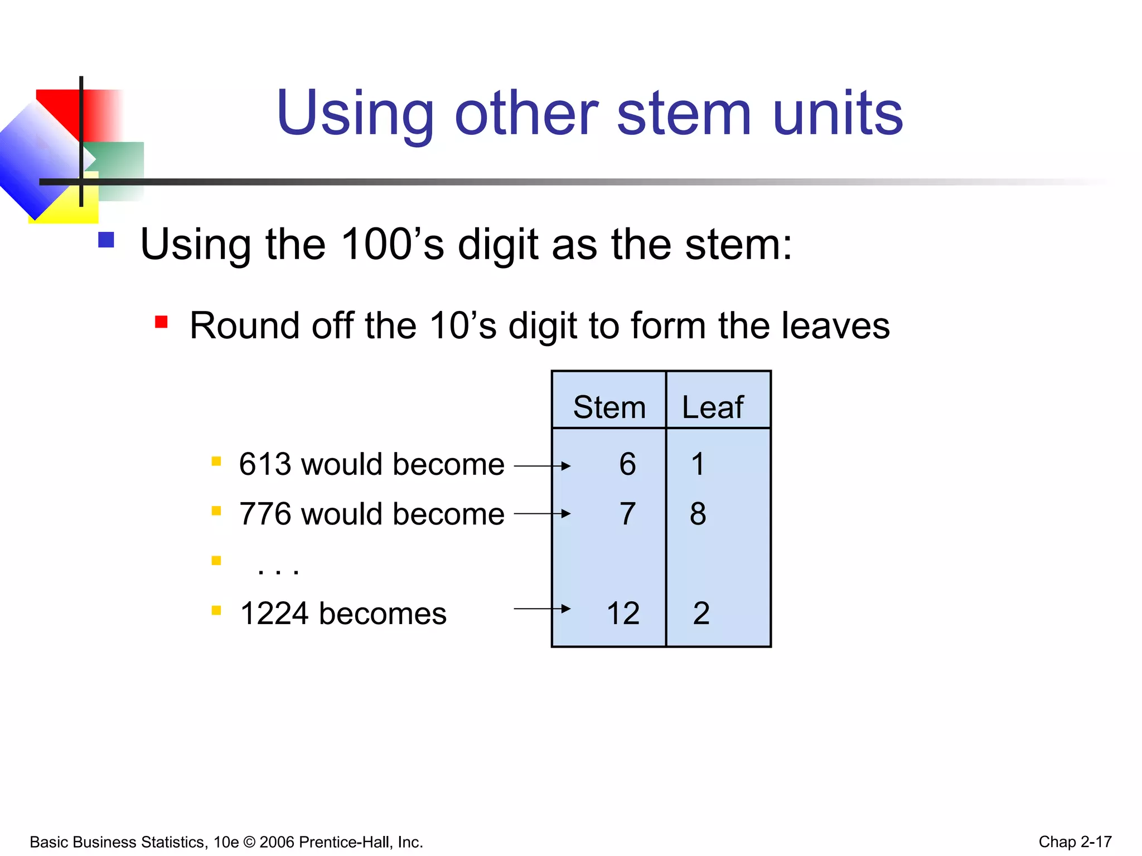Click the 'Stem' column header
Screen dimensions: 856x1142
pyautogui.click(x=609, y=407)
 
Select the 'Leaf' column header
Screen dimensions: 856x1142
pyautogui.click(x=712, y=407)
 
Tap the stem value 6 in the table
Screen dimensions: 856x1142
pyautogui.click(x=627, y=464)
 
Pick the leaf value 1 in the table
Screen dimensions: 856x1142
pyautogui.click(x=698, y=464)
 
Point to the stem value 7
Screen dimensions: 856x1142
pyautogui.click(x=627, y=514)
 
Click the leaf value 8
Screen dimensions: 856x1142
pyautogui.click(x=698, y=514)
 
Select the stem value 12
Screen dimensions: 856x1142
pyautogui.click(x=623, y=614)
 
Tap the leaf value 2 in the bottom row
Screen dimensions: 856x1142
pyautogui.click(x=701, y=614)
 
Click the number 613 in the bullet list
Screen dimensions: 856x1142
pyautogui.click(x=265, y=464)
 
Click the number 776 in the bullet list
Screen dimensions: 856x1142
pyautogui.click(x=265, y=514)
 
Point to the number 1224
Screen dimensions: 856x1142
pyautogui.click(x=274, y=614)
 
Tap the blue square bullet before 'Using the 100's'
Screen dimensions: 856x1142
pyautogui.click(x=106, y=240)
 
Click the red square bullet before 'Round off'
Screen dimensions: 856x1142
pyautogui.click(x=161, y=322)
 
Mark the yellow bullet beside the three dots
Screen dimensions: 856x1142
pyautogui.click(x=216, y=560)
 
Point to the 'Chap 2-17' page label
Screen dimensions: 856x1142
pyautogui.click(x=1075, y=842)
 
